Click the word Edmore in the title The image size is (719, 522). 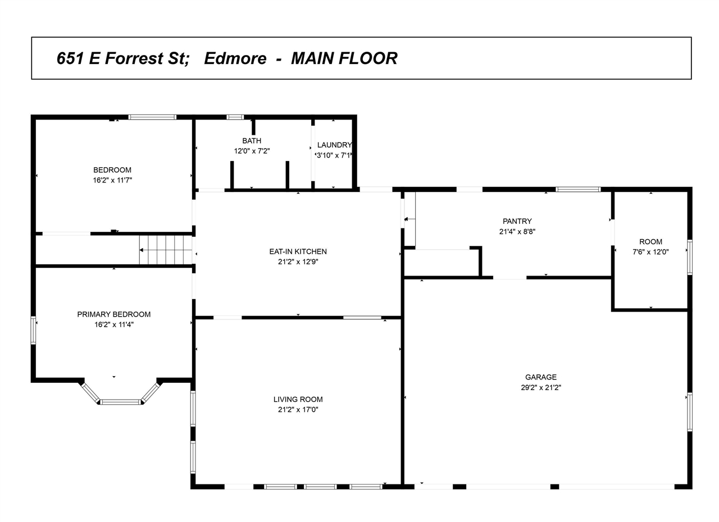(235, 58)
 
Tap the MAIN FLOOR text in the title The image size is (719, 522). (344, 58)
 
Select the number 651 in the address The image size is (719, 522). (71, 58)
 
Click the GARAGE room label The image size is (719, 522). (540, 377)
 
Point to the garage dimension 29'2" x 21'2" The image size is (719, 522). (540, 387)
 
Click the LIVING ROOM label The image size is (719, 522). (298, 400)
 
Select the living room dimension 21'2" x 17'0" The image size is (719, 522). (298, 410)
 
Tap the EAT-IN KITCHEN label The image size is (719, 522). (298, 251)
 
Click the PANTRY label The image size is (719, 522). (517, 221)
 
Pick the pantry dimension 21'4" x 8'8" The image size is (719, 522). (517, 231)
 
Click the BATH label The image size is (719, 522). (252, 141)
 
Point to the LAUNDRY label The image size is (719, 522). (334, 145)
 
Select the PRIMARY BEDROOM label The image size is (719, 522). (113, 314)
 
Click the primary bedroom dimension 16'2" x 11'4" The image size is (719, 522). (113, 324)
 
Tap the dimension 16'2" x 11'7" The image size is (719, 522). (112, 180)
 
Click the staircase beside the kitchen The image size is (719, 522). (166, 250)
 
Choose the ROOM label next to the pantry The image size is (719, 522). (650, 242)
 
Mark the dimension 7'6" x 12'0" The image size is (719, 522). (650, 252)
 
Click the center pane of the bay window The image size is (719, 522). (120, 402)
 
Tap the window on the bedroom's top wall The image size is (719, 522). (152, 117)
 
